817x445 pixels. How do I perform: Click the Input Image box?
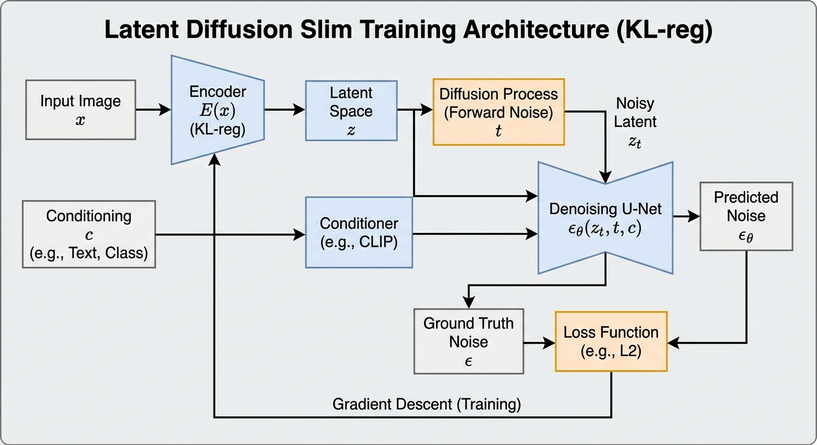pos(81,110)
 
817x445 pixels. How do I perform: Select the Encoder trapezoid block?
pos(218,110)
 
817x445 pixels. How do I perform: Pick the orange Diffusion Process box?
pos(498,112)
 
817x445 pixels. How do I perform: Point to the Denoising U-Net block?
pos(605,218)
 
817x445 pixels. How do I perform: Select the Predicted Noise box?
pos(746,217)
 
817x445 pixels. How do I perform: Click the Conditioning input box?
pos(89,234)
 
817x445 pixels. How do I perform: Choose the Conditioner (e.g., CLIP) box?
pos(359,232)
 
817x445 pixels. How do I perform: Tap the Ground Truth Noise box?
pos(468,341)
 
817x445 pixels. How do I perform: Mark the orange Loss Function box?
pos(611,341)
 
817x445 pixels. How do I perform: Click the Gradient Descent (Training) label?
pos(426,404)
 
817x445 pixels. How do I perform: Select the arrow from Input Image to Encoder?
pos(153,110)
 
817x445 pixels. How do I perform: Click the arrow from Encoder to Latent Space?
pos(284,110)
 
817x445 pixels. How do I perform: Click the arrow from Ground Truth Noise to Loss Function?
pos(539,343)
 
